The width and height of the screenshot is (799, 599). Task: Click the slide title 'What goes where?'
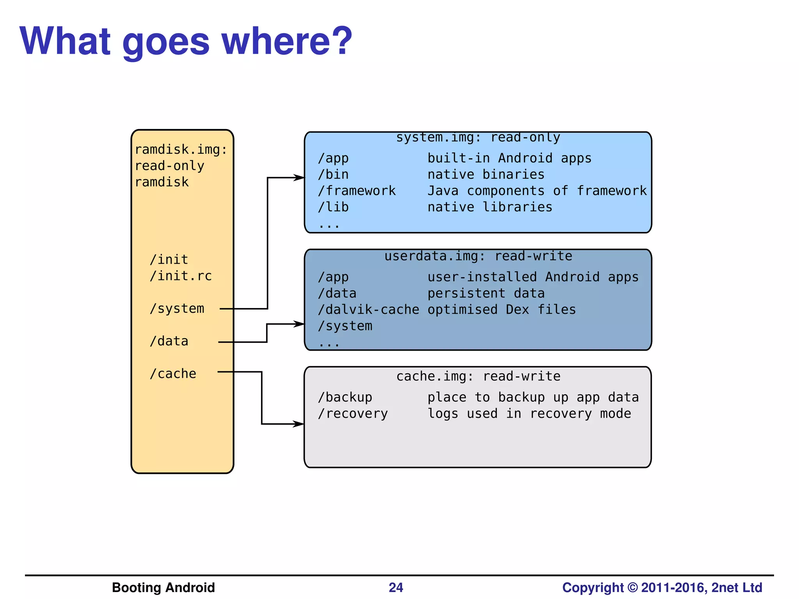click(x=186, y=41)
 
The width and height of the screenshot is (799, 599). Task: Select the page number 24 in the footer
click(x=396, y=587)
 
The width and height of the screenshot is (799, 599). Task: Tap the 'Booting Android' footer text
click(x=163, y=587)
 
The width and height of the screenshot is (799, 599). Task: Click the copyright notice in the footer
click(x=662, y=587)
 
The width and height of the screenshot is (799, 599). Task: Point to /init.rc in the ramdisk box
click(x=181, y=276)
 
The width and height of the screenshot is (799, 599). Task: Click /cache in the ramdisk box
click(x=173, y=374)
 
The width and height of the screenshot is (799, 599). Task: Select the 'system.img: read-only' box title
click(x=478, y=138)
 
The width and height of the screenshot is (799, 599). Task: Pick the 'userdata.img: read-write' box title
click(x=478, y=256)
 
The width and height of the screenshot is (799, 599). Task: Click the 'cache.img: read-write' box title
click(x=478, y=376)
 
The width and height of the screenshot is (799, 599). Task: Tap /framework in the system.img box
click(x=357, y=191)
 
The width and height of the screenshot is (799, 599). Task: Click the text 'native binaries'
click(x=486, y=174)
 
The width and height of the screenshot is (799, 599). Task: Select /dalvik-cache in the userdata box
click(x=368, y=310)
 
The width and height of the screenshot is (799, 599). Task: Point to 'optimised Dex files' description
click(x=501, y=310)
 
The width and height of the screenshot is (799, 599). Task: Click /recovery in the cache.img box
click(x=353, y=413)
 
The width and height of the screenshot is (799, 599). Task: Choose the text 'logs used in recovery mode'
click(x=529, y=413)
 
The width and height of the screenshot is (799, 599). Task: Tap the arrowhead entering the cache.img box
click(x=299, y=424)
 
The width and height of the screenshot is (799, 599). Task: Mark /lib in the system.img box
click(x=333, y=207)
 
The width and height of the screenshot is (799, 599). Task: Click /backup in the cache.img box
click(x=345, y=397)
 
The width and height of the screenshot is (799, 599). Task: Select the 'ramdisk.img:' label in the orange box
click(x=181, y=150)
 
